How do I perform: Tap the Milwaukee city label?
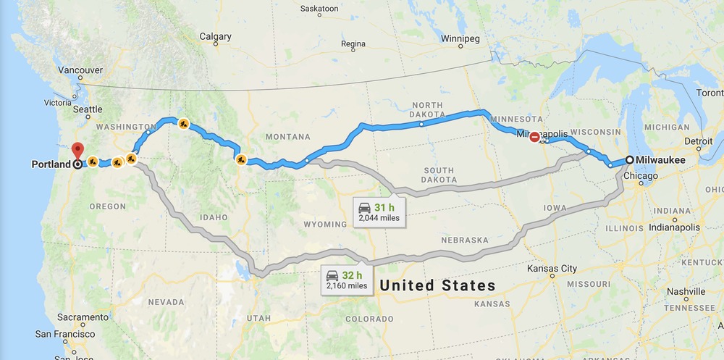pos(661,160)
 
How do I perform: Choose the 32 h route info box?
pos(346,279)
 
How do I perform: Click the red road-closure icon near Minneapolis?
pos(534,136)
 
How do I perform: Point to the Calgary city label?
pos(215,37)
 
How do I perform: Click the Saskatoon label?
pos(319,9)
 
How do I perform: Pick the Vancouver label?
pos(80,70)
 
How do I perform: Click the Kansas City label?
pos(552,269)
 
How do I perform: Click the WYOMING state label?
pos(326,225)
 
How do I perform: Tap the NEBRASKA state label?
pos(464,240)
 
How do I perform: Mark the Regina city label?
pos(353,44)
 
